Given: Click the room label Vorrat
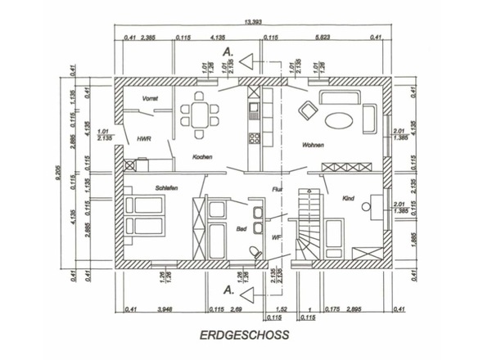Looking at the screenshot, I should coord(150,98).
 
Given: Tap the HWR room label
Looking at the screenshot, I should coord(145,138).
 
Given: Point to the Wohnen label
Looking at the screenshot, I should coord(312,146).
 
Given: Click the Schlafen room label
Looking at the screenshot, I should coord(166,187).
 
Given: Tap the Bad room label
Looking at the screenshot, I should coord(241,230).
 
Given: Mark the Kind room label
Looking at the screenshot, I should coord(348,198).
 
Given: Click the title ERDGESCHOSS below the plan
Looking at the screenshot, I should coord(244,334).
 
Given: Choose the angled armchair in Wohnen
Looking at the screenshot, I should coord(307,109).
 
